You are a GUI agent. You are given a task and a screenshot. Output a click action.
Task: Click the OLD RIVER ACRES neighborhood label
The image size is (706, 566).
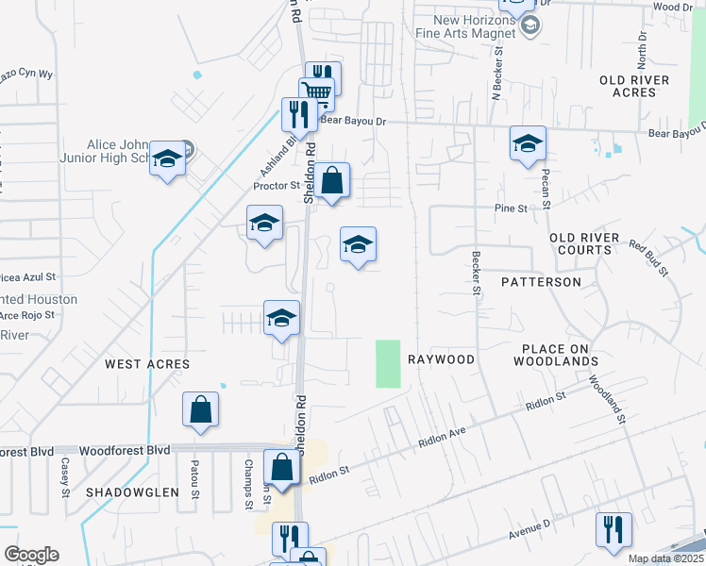pos(640,86)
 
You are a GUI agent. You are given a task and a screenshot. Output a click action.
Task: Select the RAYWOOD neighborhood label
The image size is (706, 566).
pos(441,359)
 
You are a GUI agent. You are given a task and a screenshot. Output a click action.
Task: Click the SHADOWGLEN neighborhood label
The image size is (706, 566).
pos(132,492)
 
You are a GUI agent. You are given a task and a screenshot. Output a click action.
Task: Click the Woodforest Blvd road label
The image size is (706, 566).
pos(125,451)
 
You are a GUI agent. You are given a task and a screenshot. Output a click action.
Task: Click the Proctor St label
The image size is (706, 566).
pos(276,186)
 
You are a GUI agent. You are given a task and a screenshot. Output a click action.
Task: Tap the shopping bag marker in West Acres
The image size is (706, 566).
pos(200,409)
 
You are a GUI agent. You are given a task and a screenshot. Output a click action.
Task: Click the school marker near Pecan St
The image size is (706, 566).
pos(528,143)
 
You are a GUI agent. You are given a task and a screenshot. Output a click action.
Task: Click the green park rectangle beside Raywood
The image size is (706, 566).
pos(388,363)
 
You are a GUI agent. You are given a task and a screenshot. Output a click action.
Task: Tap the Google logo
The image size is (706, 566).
pos(31,555)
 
